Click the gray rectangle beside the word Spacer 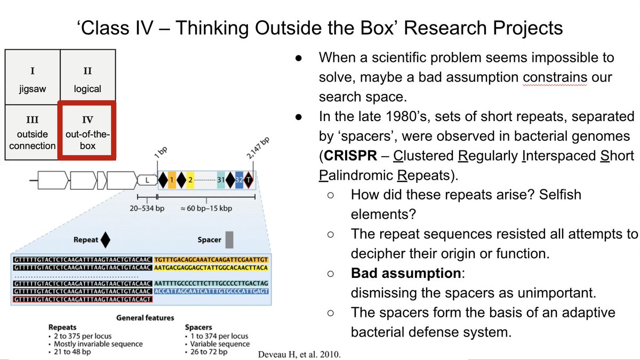click(229, 239)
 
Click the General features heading click(145, 317)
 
